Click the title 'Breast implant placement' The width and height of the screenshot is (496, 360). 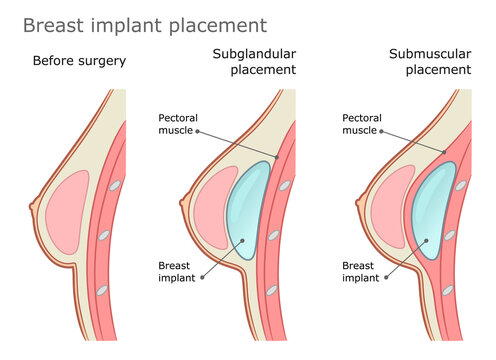[x=145, y=24]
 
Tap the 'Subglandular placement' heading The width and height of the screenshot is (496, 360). [x=254, y=62]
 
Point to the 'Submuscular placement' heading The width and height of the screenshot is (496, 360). [x=429, y=62]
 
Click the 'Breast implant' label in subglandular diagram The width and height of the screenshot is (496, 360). [x=181, y=272]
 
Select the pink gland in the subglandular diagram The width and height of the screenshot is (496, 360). [x=213, y=213]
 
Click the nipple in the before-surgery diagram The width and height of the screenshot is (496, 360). [x=32, y=208]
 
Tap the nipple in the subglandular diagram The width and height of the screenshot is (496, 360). [x=182, y=208]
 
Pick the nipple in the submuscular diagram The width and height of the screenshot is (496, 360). [x=358, y=208]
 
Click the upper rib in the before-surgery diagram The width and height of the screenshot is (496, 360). [x=116, y=186]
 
